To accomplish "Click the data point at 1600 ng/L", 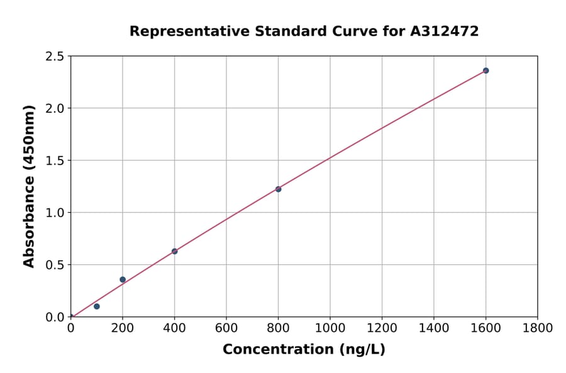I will (486, 70).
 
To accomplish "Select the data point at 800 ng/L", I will (278, 189).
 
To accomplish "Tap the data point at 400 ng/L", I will (174, 251).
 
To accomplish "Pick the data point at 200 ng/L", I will (123, 279).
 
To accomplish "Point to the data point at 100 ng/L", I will (97, 306).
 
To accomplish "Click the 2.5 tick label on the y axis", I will (55, 57).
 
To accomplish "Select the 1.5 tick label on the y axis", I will (55, 161).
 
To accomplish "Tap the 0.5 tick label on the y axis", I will (55, 265).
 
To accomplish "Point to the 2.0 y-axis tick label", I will (55, 109).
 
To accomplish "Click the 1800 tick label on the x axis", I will (537, 328).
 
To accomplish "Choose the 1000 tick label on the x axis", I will (330, 328).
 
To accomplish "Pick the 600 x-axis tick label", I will (226, 328).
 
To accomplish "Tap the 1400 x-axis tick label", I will (433, 328).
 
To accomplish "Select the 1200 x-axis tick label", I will (382, 328).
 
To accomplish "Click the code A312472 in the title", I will (444, 31).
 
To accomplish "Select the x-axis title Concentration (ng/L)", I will (304, 349).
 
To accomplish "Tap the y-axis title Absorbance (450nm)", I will (29, 186).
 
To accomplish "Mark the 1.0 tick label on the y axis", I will (55, 213).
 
